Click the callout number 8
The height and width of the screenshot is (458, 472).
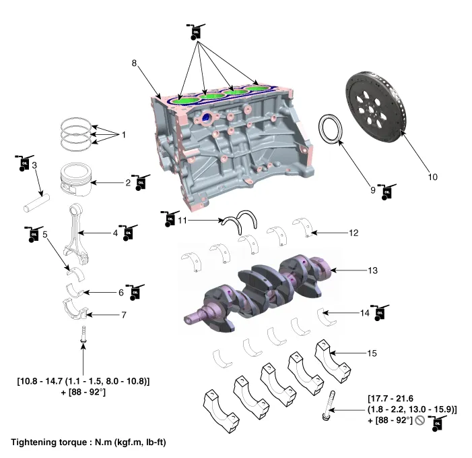point(135,63)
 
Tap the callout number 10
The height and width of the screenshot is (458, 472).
point(432,177)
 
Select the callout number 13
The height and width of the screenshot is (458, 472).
point(372,270)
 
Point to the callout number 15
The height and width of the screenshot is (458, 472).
point(372,353)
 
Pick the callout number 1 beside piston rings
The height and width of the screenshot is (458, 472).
point(123,135)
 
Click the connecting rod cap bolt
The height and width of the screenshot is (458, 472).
point(83,335)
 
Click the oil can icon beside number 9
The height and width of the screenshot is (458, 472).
point(386,192)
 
